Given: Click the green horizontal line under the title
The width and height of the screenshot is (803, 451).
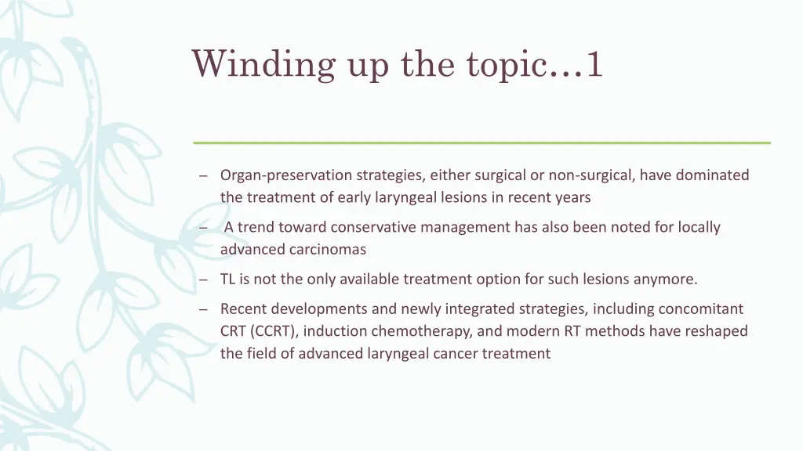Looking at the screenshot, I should coord(481,143).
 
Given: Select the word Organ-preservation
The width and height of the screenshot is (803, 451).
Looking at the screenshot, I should coord(286,175).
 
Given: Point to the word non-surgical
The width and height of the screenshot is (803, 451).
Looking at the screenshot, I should coord(592,175).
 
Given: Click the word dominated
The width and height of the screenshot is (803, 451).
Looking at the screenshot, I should coord(712,175).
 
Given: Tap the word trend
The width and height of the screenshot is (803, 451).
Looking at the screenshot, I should coord(256,227).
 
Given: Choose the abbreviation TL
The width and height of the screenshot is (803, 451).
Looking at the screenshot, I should coord(228,279).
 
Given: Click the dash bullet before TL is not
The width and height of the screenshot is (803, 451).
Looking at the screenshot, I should coord(202,280).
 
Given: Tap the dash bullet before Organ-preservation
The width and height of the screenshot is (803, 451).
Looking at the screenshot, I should coord(202,176).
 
